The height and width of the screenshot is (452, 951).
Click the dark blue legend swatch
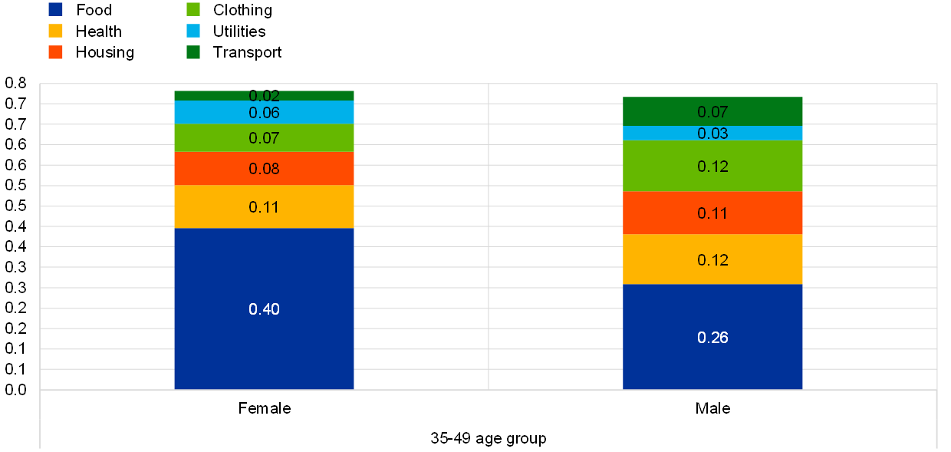[x=55, y=9]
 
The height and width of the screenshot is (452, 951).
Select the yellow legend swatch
[x=55, y=31]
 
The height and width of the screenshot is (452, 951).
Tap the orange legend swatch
[x=55, y=52]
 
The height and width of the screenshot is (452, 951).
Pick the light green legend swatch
[x=193, y=9]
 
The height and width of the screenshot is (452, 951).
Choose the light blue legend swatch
[x=193, y=31]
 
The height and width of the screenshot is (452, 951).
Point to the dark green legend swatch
[x=193, y=52]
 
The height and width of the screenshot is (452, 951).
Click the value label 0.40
[x=264, y=309]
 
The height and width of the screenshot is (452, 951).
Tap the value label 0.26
[x=712, y=338]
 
